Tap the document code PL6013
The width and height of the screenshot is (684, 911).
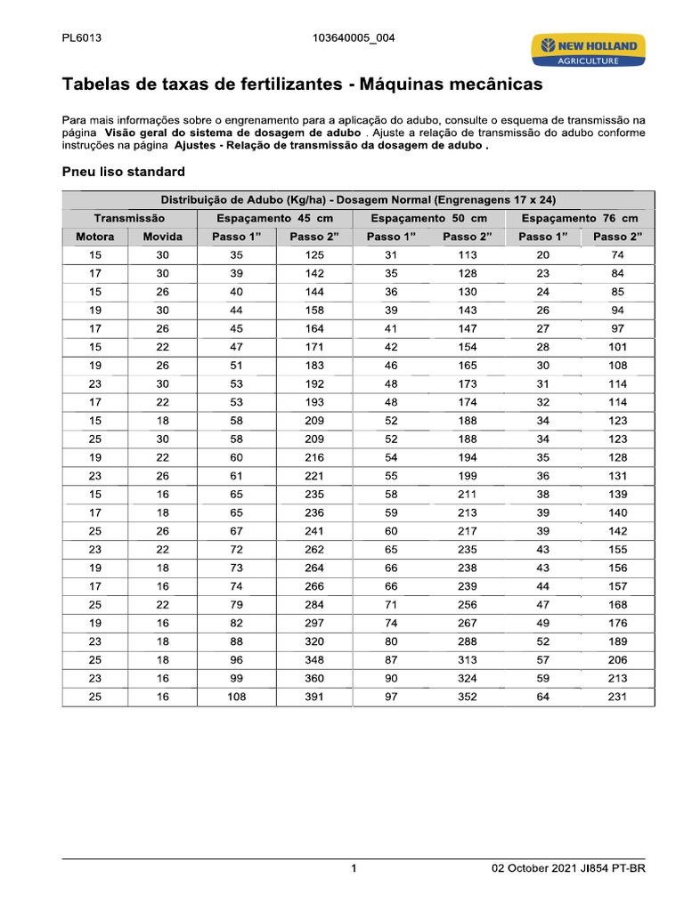(x=81, y=38)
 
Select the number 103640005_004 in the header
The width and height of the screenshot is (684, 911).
(x=354, y=38)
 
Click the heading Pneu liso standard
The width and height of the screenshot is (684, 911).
(x=123, y=171)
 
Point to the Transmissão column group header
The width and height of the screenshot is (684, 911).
(x=129, y=218)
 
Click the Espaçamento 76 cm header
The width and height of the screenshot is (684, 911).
(x=580, y=218)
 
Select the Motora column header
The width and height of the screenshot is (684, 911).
(x=95, y=237)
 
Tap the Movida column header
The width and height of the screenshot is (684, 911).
(x=163, y=237)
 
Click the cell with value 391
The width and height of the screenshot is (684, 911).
(x=314, y=697)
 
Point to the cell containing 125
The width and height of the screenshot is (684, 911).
(x=314, y=255)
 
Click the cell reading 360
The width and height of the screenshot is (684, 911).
(x=314, y=679)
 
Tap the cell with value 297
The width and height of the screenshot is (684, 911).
(x=314, y=623)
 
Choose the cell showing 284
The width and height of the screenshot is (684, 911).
(x=314, y=605)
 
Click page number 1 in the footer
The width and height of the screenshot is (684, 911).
(x=354, y=869)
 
